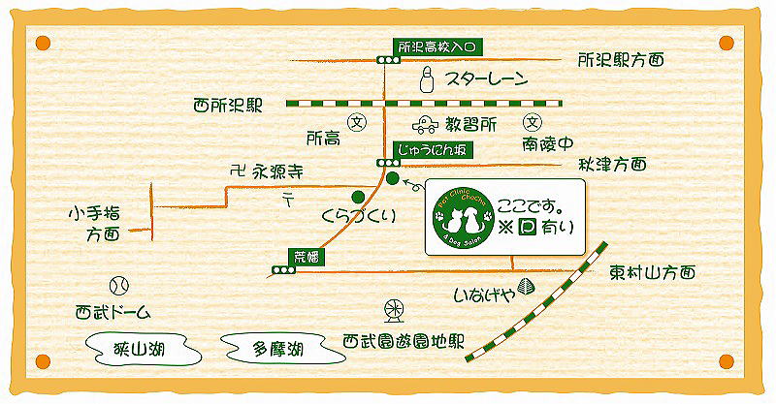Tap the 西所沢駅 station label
228,104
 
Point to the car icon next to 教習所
424,125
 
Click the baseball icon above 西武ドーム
119,286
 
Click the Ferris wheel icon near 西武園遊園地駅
394,310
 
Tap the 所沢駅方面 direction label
621,60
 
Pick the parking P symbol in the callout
527,229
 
